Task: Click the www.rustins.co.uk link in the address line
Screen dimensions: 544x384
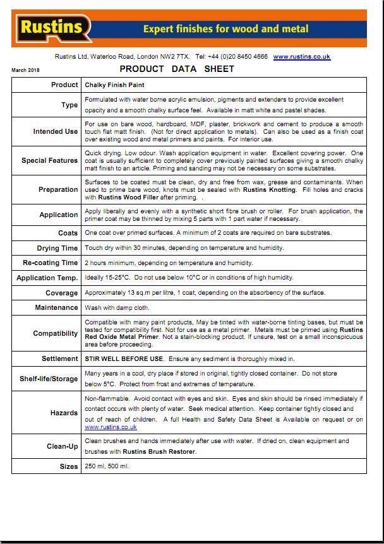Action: [301, 57]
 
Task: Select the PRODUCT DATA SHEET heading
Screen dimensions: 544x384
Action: [176, 69]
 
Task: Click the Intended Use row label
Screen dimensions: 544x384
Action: [56, 132]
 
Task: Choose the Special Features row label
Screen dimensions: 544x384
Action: [50, 160]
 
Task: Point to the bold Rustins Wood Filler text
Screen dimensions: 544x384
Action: [116, 198]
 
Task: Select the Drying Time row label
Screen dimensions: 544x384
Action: [57, 249]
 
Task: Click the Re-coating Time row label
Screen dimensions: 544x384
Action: [51, 263]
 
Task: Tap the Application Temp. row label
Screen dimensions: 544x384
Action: [47, 278]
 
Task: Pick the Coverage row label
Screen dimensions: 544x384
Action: [61, 293]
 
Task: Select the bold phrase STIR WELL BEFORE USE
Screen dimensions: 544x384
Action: [124, 359]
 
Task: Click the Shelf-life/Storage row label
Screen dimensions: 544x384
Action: [49, 379]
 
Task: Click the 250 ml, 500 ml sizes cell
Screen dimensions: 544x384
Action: [107, 467]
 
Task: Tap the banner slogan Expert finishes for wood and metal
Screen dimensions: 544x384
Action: [225, 29]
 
